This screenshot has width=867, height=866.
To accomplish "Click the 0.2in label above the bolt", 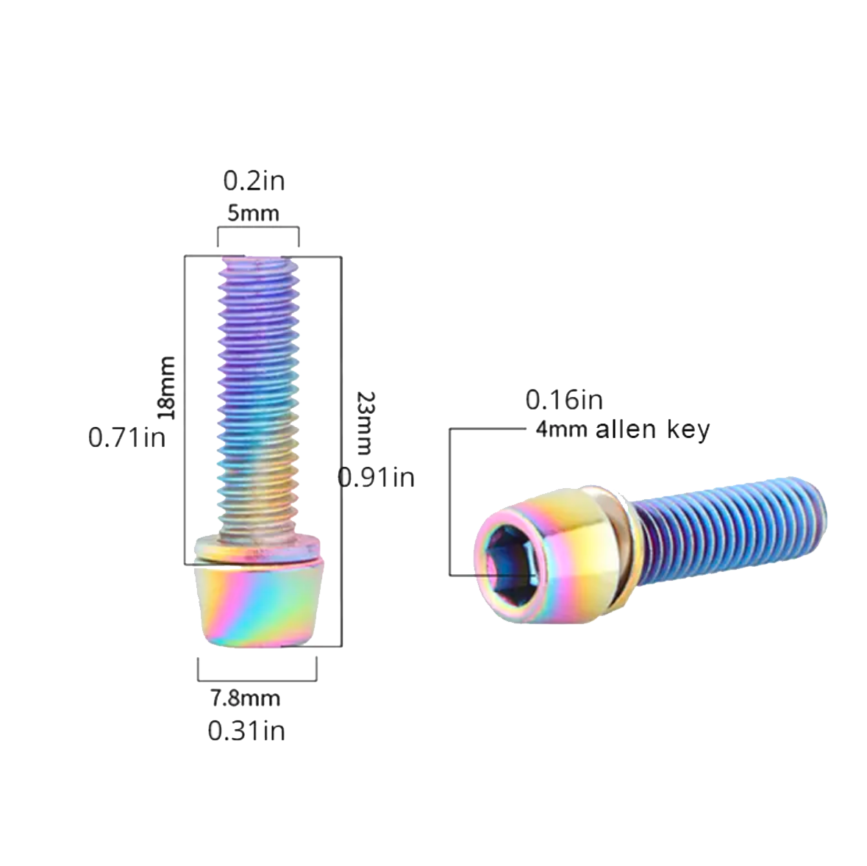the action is [254, 181].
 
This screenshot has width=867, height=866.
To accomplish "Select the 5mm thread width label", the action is [253, 213].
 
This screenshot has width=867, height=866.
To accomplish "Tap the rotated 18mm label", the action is [166, 387].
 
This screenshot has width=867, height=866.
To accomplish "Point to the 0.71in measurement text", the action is [126, 437].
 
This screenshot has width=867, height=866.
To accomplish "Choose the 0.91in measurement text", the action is [376, 478].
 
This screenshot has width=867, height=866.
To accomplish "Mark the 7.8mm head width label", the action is [245, 698].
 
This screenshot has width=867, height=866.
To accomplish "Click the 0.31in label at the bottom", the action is [246, 731].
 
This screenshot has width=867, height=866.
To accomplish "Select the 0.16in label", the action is [564, 400].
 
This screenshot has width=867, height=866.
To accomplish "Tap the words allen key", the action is [652, 429].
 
